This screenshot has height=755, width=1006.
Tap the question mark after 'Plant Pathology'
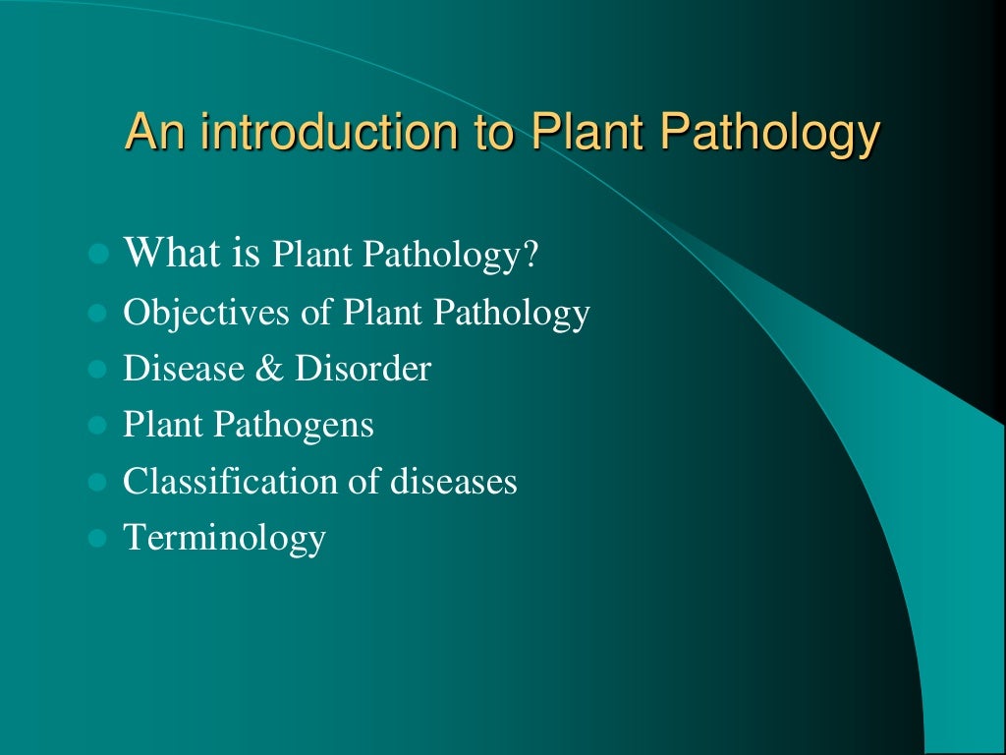(x=531, y=256)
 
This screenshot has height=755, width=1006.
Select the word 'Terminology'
(x=224, y=539)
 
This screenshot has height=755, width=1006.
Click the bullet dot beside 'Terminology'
(x=96, y=539)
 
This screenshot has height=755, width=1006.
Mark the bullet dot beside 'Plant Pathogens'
(x=96, y=427)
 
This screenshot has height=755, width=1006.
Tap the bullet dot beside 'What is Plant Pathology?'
(x=96, y=255)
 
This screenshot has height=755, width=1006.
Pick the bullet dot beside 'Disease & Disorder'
(x=96, y=371)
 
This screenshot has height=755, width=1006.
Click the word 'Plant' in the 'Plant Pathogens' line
(x=162, y=426)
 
